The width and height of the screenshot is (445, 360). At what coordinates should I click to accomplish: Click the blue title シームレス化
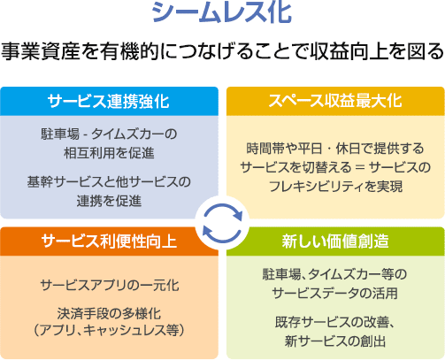tap(222, 12)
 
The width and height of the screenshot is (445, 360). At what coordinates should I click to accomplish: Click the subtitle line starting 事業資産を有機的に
tap(223, 51)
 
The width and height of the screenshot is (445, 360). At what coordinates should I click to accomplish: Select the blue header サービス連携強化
tap(109, 102)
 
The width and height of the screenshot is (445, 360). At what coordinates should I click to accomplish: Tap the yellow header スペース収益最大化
tap(335, 101)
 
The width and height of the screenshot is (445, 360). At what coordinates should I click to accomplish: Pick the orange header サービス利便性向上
tap(109, 241)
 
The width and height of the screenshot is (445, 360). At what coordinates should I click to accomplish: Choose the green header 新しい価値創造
tap(335, 241)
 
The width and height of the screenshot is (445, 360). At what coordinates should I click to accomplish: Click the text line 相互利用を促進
tap(109, 153)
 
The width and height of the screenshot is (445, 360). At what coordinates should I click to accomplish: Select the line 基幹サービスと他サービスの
tap(109, 182)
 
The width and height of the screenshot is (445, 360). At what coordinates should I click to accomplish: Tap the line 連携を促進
tap(109, 201)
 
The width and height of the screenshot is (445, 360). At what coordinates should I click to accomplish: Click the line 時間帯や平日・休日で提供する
tap(335, 149)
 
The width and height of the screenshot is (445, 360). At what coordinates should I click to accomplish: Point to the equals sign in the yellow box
tap(360, 167)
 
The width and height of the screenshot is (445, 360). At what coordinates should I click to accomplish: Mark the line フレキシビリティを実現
tap(335, 187)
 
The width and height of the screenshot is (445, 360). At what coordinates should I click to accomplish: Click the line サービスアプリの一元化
tap(110, 285)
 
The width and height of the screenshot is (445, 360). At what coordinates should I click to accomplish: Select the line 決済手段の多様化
tap(109, 313)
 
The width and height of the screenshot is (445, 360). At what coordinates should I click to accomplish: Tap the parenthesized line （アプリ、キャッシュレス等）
tap(109, 330)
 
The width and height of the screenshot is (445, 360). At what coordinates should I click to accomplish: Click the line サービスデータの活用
tap(335, 293)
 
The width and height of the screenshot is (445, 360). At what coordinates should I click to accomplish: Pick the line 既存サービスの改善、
tap(335, 322)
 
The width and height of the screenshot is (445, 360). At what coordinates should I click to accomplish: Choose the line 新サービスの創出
tap(335, 341)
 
